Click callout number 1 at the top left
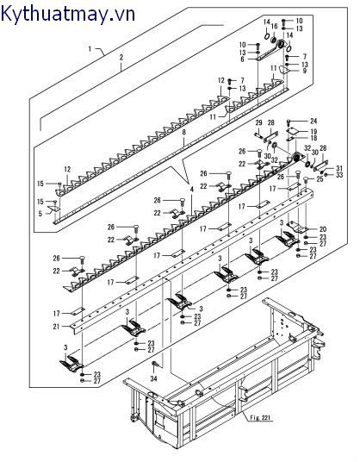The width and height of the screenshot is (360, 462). pos(90,51)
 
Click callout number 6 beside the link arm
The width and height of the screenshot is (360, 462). pos(243,59)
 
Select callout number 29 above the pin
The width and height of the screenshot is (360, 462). pos(257,124)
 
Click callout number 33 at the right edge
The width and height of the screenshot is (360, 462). pos(339,175)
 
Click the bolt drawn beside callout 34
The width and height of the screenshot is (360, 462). pos(155,365)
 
